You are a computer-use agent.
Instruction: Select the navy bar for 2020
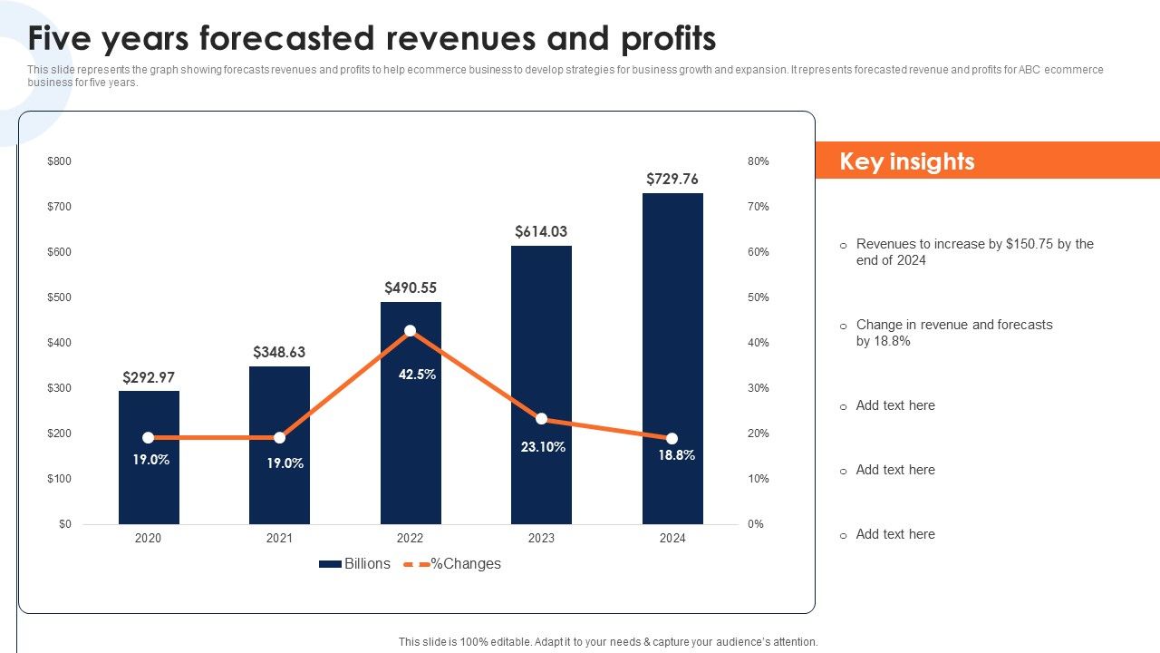[149, 490]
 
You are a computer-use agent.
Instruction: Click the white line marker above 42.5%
[411, 331]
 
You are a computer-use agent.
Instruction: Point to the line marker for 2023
[541, 419]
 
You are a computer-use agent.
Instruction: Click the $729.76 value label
[672, 179]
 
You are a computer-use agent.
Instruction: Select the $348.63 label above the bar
[279, 352]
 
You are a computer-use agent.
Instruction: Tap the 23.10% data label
[544, 446]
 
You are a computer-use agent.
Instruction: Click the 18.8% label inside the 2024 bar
[676, 455]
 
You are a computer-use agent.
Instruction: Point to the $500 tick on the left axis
[59, 297]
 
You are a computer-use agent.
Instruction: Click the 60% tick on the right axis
[758, 252]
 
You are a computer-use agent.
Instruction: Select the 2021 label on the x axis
[279, 538]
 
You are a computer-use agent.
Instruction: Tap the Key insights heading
[907, 161]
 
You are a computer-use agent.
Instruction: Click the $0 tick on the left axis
[65, 524]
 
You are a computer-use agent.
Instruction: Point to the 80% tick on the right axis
[758, 161]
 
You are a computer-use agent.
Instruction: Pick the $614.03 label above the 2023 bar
[541, 231]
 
